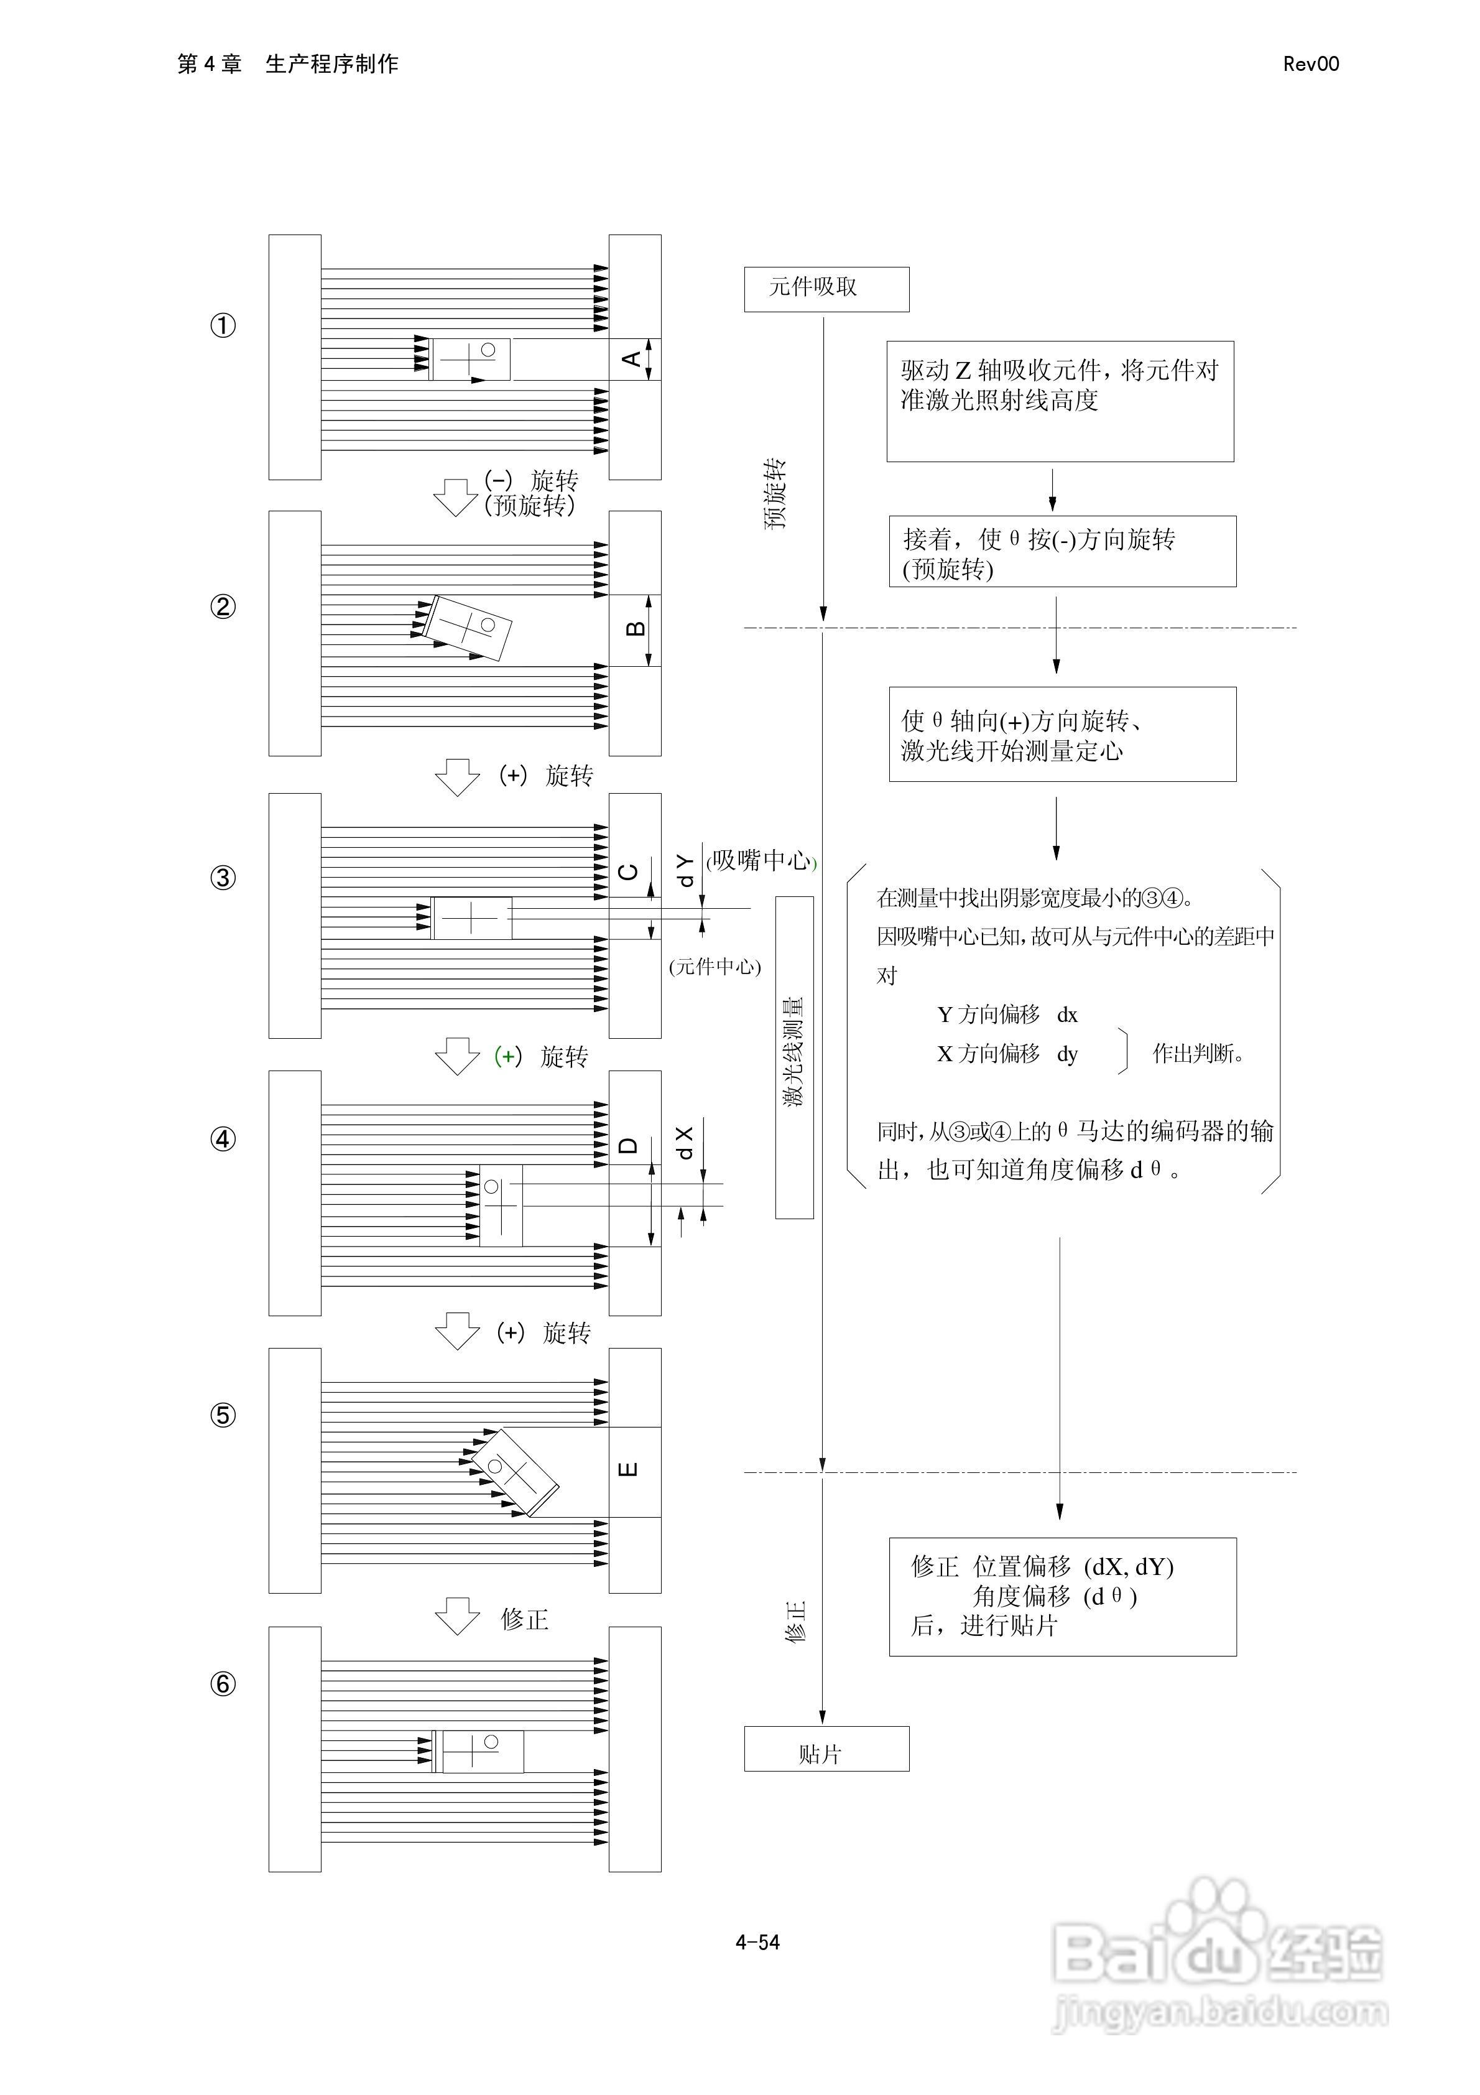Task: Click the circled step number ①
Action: click(x=223, y=326)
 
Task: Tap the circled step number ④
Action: click(x=223, y=1139)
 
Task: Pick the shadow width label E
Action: click(x=629, y=1470)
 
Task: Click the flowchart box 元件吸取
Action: click(x=826, y=289)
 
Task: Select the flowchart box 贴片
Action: click(x=826, y=1749)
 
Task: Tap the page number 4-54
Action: click(x=757, y=1943)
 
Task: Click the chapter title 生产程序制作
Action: click(x=331, y=64)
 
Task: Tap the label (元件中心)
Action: click(x=715, y=966)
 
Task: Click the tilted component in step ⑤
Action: click(x=514, y=1472)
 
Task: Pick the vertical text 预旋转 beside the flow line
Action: click(x=775, y=494)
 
